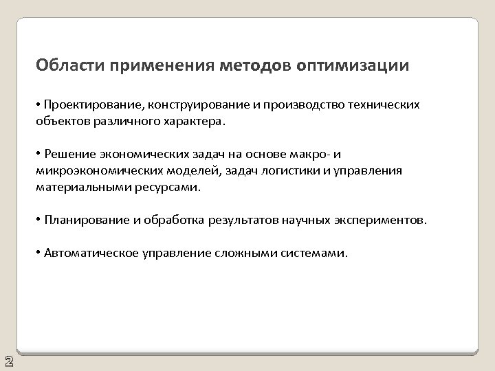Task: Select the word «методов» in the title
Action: point(258,66)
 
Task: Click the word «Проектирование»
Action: point(91,104)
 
